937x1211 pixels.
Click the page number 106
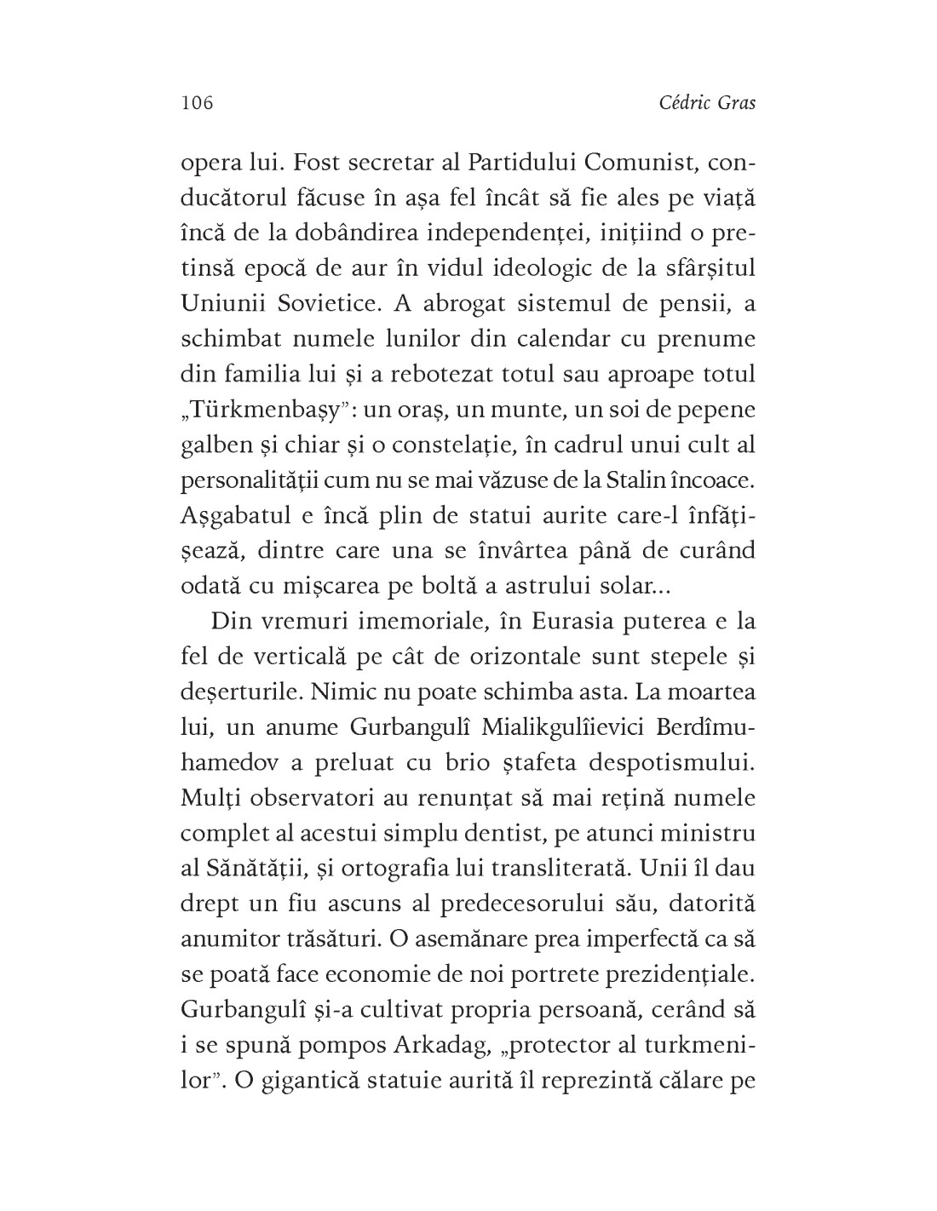[x=196, y=104]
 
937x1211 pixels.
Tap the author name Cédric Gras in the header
[x=708, y=104]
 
